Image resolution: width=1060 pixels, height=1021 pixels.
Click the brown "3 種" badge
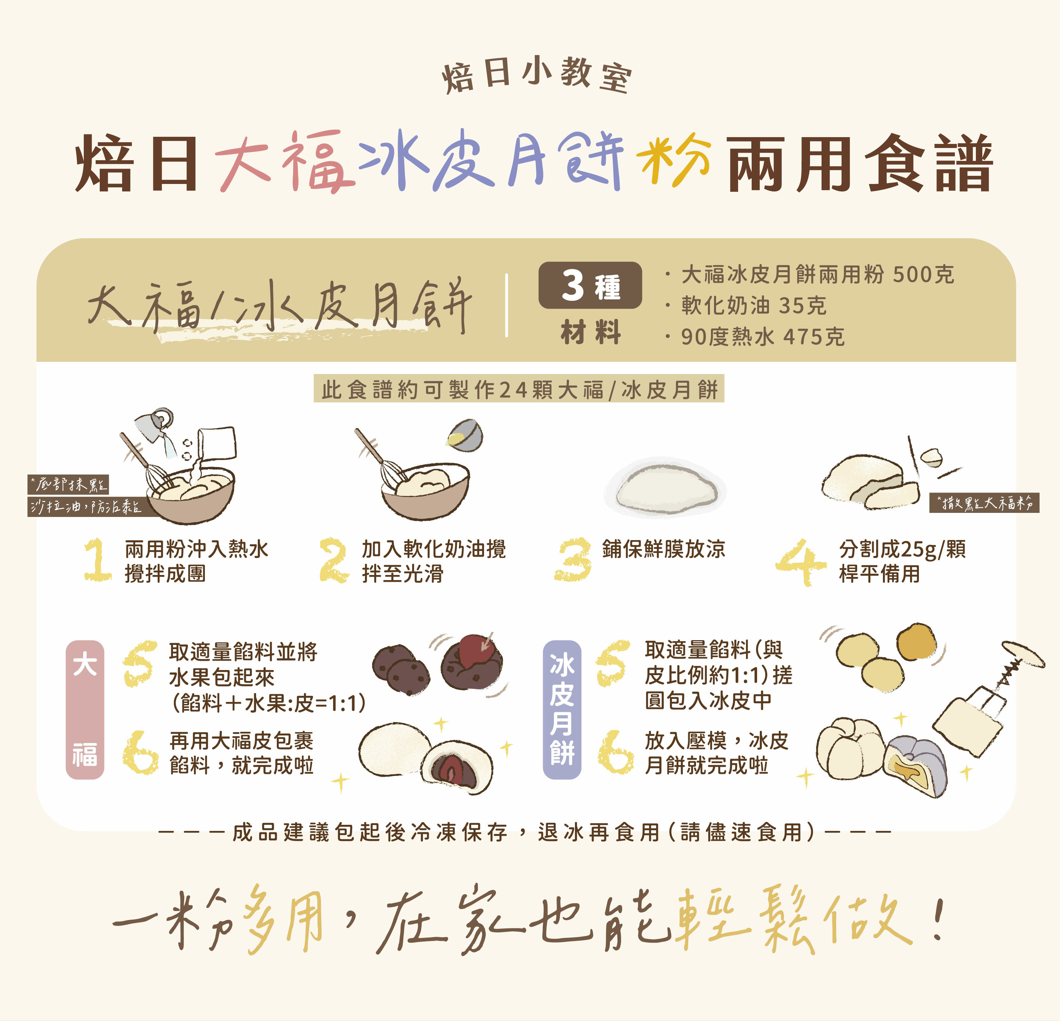590,285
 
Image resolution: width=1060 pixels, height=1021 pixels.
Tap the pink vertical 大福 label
85,709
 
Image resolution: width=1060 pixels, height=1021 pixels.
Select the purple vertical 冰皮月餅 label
562,709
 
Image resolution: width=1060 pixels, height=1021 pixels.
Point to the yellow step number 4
801,562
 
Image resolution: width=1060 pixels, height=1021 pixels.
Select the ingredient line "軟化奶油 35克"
753,306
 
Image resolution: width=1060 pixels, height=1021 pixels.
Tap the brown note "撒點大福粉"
984,503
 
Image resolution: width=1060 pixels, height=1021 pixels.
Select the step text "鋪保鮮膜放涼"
663,549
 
